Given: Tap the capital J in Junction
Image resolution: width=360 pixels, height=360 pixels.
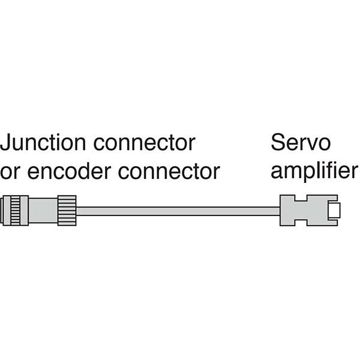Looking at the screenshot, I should (x=5, y=143).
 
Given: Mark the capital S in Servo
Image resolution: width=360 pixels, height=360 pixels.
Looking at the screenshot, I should (x=277, y=143).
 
